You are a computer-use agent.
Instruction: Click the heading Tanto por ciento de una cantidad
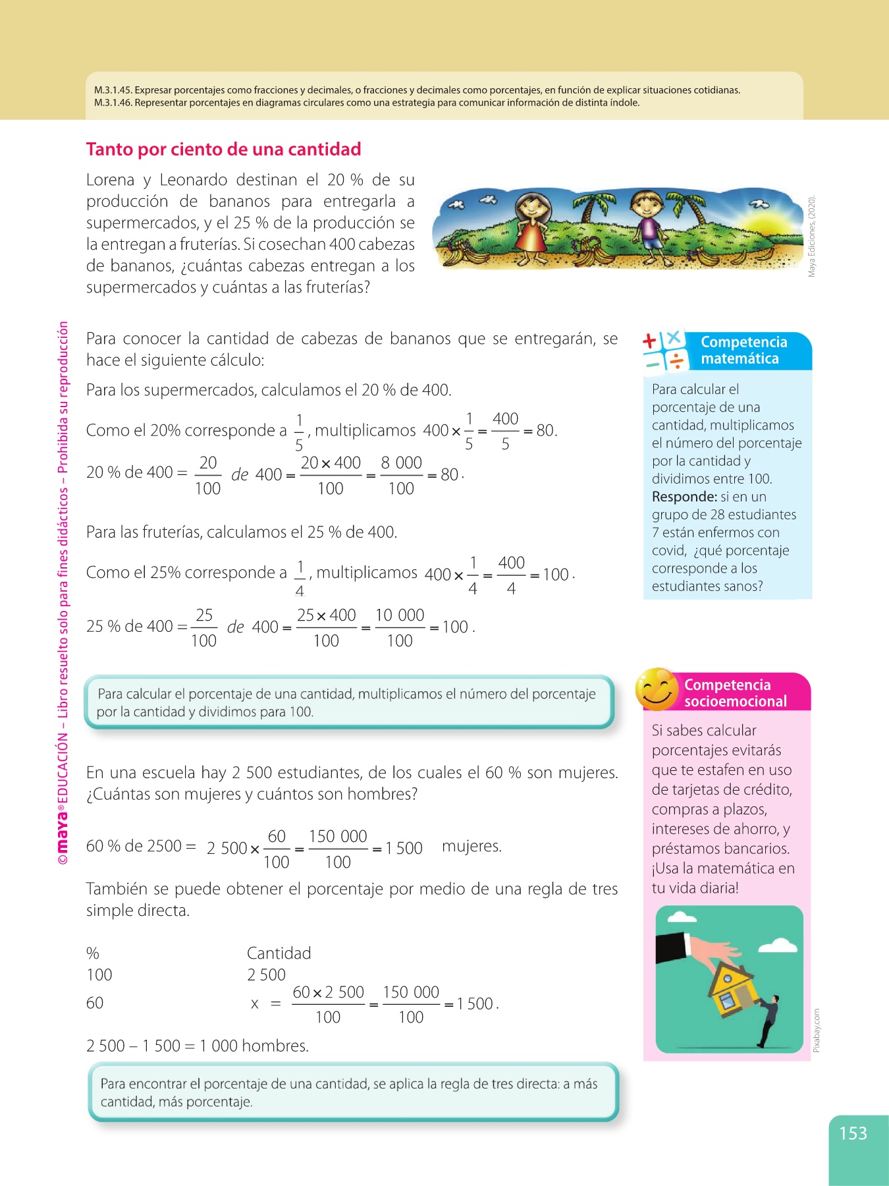click(x=223, y=150)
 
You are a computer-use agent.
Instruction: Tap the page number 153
click(x=853, y=1133)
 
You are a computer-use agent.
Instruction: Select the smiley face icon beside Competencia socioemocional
click(x=656, y=689)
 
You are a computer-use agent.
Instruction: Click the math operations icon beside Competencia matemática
click(x=665, y=351)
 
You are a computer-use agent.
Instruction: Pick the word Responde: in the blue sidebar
click(x=684, y=497)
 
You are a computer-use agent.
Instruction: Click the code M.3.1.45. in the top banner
click(x=113, y=90)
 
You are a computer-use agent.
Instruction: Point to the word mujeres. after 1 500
click(x=471, y=846)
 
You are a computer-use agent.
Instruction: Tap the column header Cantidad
click(x=279, y=953)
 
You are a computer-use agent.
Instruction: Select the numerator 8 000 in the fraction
click(x=401, y=463)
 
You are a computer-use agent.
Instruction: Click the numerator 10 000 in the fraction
click(x=399, y=615)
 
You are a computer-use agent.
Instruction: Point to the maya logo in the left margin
click(x=62, y=836)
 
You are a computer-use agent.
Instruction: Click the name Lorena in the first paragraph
click(x=111, y=180)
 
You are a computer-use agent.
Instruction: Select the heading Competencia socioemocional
click(x=735, y=692)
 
